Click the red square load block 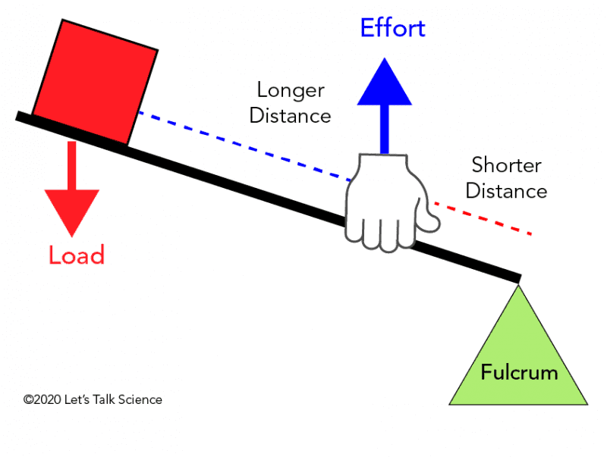[x=95, y=83]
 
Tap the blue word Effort [x=392, y=28]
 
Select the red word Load [x=77, y=255]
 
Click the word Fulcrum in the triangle [x=519, y=372]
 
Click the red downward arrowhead [x=72, y=213]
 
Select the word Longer [x=291, y=91]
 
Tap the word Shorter [x=506, y=165]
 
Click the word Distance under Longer [x=290, y=116]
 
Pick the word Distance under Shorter [x=506, y=191]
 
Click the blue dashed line [x=244, y=146]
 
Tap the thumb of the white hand [x=429, y=221]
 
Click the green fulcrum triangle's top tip [x=518, y=285]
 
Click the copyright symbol [x=28, y=399]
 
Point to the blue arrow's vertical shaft [x=385, y=130]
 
